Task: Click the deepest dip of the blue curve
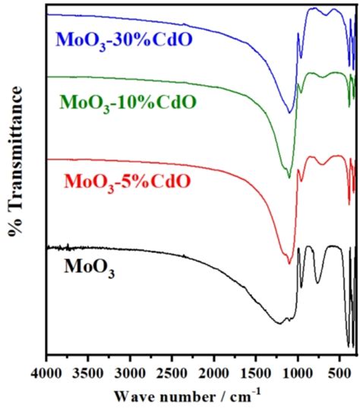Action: point(289,112)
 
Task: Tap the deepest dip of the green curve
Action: point(289,178)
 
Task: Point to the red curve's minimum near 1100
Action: point(289,264)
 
